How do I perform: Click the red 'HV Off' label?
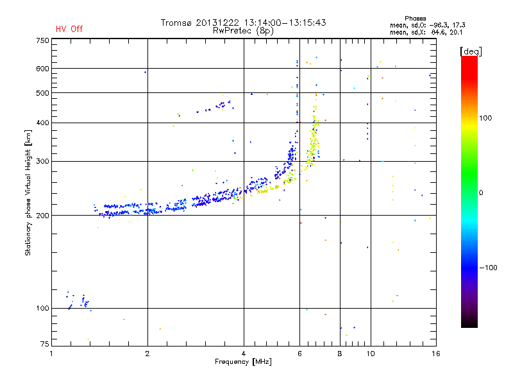point(69,29)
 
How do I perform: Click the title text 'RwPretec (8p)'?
point(243,30)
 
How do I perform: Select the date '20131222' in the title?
point(216,22)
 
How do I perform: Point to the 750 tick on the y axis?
point(42,40)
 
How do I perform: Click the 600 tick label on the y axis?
point(42,69)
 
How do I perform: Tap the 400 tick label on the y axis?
point(42,123)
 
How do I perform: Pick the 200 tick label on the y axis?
point(42,216)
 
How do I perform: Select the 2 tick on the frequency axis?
point(147,353)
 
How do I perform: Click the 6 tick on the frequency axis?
point(299,353)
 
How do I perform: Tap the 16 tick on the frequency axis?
point(435,353)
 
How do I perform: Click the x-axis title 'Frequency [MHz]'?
point(243,362)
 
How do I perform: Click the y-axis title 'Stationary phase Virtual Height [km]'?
point(28,193)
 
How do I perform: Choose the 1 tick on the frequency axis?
point(51,353)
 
